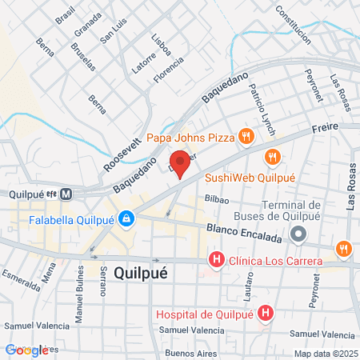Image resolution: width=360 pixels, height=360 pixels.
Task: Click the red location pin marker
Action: coord(180,162)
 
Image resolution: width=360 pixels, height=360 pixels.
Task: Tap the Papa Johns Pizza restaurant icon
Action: coord(246,137)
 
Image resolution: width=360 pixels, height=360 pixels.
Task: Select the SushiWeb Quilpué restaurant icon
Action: coord(274,157)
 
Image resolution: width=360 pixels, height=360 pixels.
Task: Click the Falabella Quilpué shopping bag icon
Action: coord(126,218)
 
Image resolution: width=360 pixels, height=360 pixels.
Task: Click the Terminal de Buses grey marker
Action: coord(298,234)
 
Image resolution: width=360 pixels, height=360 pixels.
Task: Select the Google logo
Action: coord(26,350)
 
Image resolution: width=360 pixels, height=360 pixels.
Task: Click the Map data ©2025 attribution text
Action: coord(324,353)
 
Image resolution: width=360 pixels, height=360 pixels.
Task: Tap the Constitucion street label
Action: coord(292,26)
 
